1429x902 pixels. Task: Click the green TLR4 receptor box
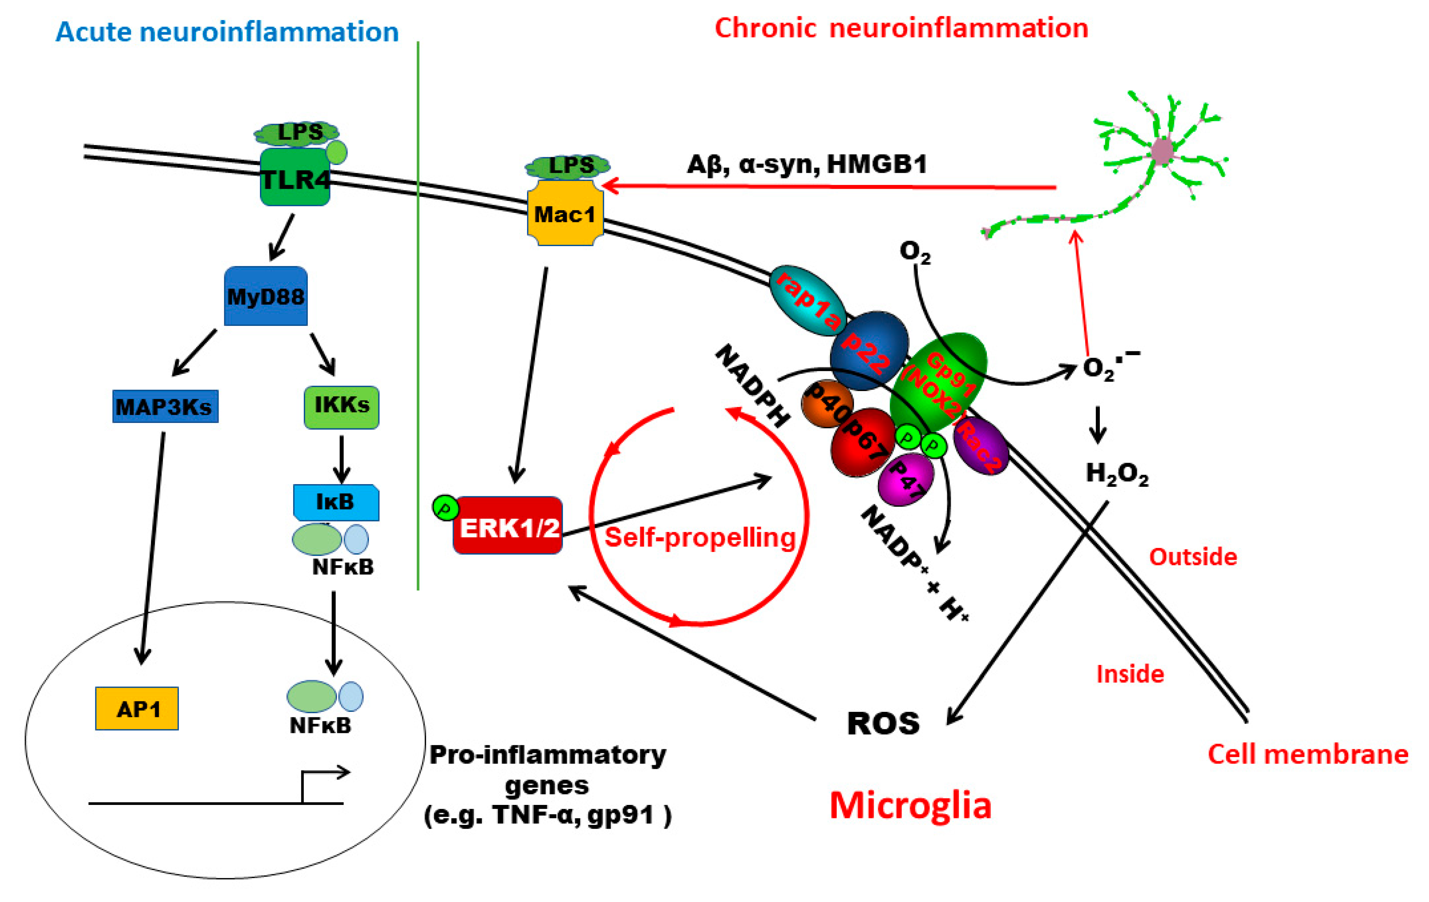coord(295,178)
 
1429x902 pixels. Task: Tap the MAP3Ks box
coord(165,407)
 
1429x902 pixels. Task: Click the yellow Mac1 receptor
coord(565,214)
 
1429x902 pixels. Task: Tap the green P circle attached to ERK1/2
coord(445,508)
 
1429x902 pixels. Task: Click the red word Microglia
coord(910,806)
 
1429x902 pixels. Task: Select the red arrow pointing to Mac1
coord(831,186)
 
